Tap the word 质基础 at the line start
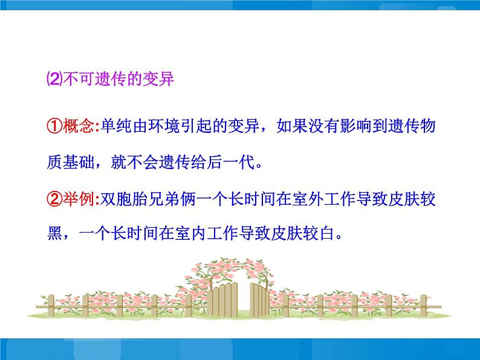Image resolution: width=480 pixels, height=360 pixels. point(70,162)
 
